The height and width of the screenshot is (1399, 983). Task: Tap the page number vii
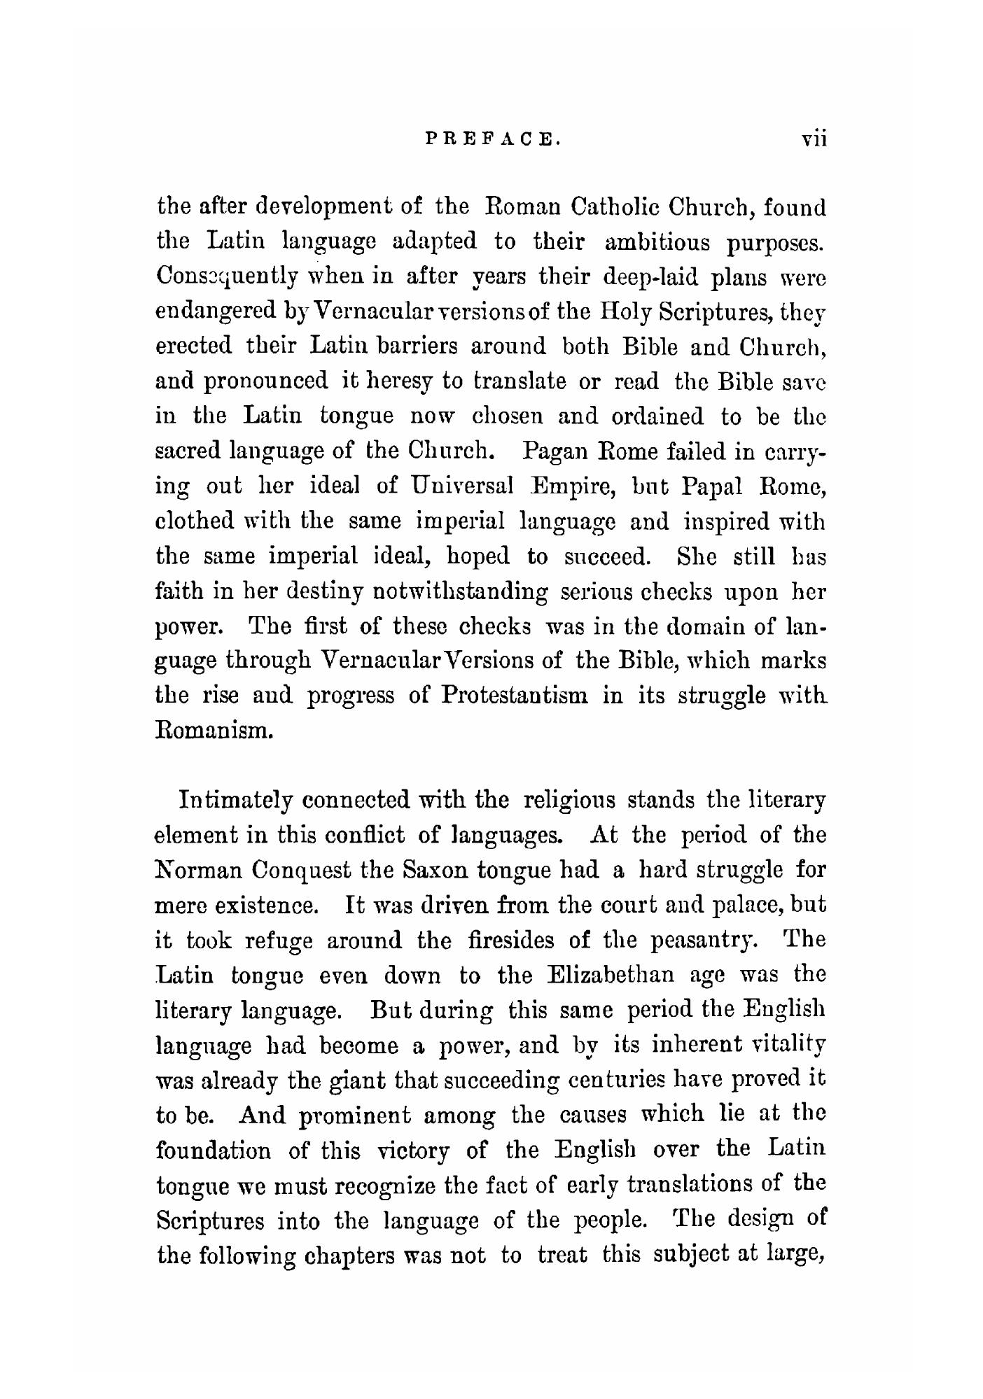(x=814, y=139)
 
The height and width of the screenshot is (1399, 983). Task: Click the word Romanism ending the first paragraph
(x=212, y=731)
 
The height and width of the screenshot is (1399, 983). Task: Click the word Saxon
(x=435, y=870)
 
